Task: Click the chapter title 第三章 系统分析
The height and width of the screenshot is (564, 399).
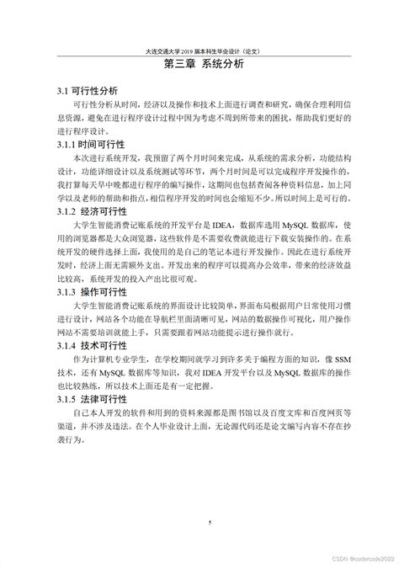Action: click(x=199, y=63)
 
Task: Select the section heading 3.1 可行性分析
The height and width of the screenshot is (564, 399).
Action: click(x=88, y=90)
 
